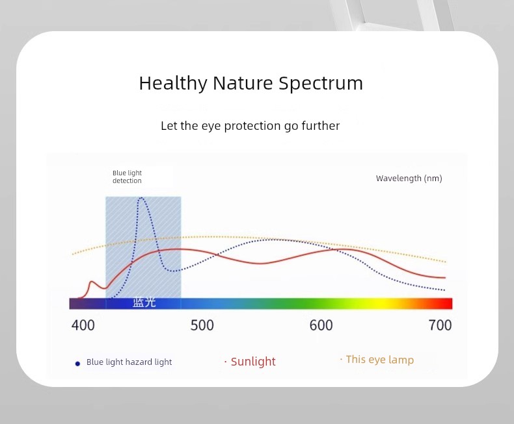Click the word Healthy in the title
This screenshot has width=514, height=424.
tap(173, 83)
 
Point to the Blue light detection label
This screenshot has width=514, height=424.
tap(127, 177)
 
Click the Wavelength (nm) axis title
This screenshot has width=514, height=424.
tap(409, 179)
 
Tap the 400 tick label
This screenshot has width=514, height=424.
tap(83, 325)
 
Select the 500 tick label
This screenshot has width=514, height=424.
tap(202, 325)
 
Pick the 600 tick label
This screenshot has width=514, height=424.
tap(321, 325)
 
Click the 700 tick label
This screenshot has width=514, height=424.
tap(440, 325)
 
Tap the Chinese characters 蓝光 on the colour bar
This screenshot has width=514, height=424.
tap(144, 303)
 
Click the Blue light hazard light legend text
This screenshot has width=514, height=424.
tap(129, 362)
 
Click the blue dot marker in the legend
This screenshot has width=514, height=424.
tap(77, 364)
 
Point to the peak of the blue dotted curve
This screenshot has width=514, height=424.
tap(141, 197)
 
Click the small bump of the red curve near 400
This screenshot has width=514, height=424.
tap(92, 281)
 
